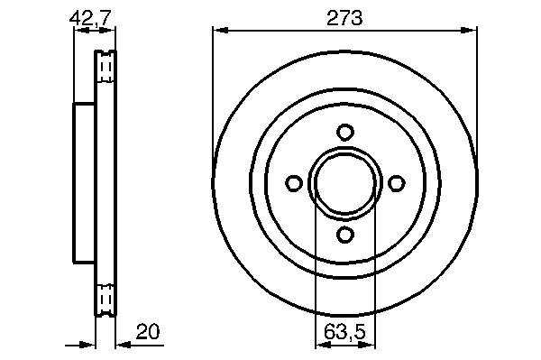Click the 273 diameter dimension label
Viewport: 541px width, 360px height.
click(344, 18)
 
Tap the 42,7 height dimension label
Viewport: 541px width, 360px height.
click(91, 18)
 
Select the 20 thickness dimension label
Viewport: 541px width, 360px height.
click(148, 332)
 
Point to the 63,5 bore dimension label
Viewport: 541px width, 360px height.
click(344, 332)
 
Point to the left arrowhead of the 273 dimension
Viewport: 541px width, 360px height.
click(220, 31)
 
